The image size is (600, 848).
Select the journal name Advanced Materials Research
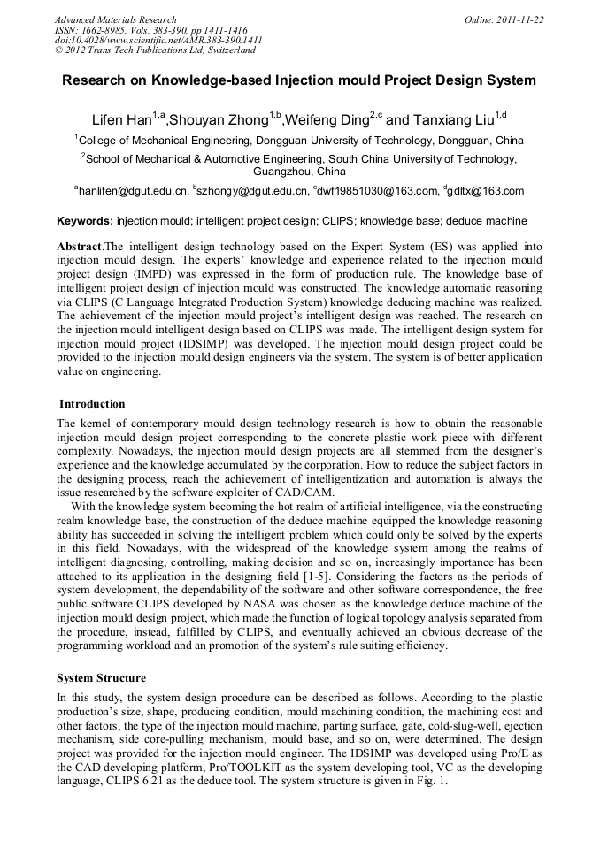point(115,19)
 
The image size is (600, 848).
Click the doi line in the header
point(158,40)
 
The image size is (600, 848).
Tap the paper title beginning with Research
point(299,80)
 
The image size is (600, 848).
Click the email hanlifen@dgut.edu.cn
point(134,191)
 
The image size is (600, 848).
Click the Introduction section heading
point(92,404)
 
